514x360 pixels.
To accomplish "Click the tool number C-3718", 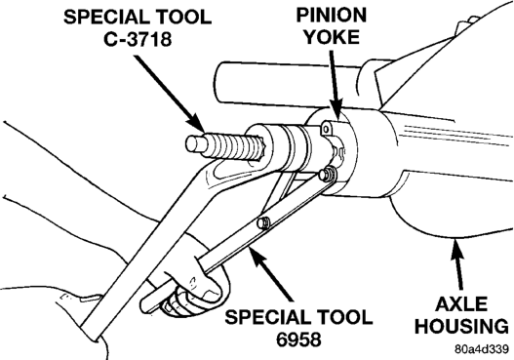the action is coord(138,39).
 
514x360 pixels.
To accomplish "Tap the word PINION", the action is coord(331,16).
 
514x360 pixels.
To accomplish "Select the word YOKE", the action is coord(332,37).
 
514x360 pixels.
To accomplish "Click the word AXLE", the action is coord(461,304).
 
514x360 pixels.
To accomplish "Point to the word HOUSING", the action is coord(461,326).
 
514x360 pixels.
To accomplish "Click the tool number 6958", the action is coord(298,340).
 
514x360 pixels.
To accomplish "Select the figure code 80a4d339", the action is coord(482,349).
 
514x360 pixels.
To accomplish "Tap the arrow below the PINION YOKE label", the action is coord(335,85).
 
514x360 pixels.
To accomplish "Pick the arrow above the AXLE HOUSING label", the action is coord(457,264).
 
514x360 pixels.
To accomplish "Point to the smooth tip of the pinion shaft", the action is coord(195,144).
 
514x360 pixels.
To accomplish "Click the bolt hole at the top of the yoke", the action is coord(326,129).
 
